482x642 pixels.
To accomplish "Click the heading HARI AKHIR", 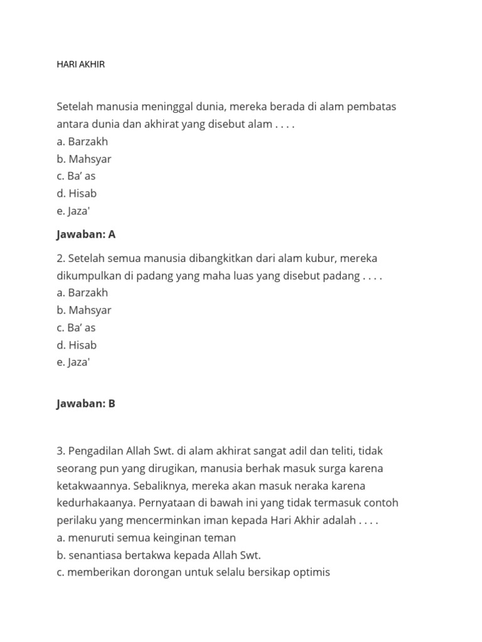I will point(80,65).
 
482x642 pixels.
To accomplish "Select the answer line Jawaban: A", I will point(86,234).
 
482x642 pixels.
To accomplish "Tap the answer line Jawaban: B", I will point(86,404).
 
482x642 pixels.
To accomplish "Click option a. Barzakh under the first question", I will point(82,142).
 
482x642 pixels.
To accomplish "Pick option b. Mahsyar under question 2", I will point(84,310).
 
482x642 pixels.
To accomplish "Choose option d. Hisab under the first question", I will point(77,194).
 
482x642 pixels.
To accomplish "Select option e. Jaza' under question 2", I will point(73,362).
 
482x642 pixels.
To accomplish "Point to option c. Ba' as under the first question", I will point(76,176).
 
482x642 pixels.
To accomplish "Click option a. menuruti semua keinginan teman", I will point(146,538).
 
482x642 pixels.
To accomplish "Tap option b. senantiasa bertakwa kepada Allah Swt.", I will point(158,555).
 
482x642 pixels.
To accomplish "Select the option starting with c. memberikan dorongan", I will point(193,572).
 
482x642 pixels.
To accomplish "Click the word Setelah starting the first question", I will point(74,107).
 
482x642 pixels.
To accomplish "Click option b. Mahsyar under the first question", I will point(84,159).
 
